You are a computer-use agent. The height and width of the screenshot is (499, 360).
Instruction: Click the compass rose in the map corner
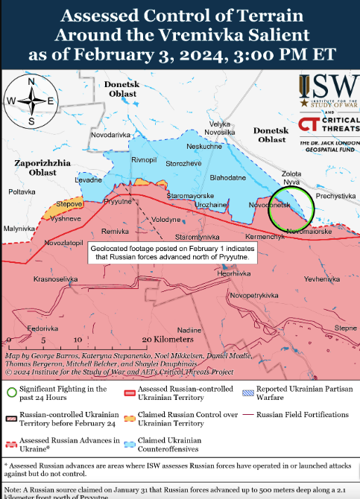31,101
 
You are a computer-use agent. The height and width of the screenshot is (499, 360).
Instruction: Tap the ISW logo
326,93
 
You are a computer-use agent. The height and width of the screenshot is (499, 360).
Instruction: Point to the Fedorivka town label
42,328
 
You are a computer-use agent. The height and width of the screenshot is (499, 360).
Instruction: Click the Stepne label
345,328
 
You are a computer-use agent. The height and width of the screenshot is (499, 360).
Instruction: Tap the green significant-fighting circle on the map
291,209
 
